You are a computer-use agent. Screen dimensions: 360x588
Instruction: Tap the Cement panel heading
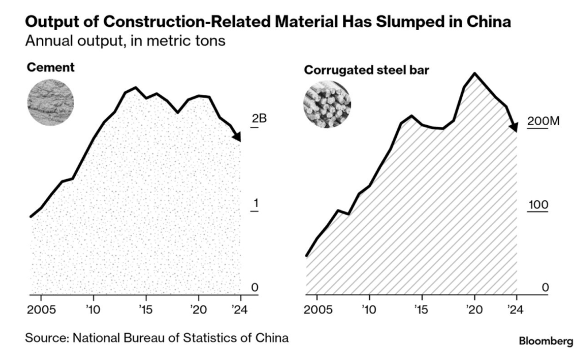click(51, 68)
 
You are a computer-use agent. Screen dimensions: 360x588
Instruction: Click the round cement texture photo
click(51, 103)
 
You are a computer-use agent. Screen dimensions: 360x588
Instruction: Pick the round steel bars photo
click(327, 104)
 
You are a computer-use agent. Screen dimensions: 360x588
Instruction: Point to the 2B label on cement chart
click(260, 119)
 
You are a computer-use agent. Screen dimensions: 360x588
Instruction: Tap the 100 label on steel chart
click(539, 205)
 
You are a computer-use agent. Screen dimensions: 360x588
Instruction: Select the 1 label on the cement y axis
click(256, 204)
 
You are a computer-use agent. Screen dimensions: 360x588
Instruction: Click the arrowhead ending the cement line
click(238, 137)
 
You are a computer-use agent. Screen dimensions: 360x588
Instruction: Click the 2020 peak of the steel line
click(474, 73)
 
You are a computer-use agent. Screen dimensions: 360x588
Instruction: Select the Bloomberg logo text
click(546, 341)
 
